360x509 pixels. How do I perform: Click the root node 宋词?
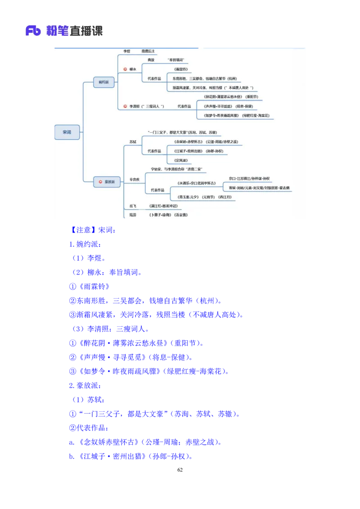click(67, 132)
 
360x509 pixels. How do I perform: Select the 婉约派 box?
click(103, 82)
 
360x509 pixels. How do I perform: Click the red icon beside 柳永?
click(126, 69)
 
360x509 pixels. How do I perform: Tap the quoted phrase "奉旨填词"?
click(175, 60)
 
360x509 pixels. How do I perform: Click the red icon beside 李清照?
click(126, 107)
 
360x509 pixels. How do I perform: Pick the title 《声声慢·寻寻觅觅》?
click(218, 107)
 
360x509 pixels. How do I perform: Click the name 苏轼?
click(133, 142)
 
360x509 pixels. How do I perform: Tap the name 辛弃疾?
click(135, 179)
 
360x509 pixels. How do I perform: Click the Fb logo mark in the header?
click(33, 31)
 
